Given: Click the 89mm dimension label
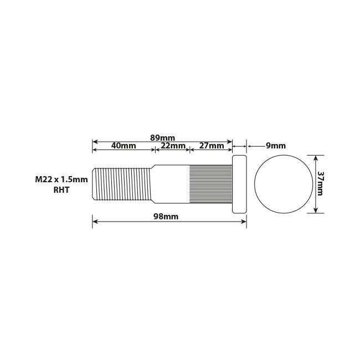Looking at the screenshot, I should pos(163,137).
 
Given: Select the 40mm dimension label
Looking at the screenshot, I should pos(124,146).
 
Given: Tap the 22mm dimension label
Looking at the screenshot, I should pos(173,146).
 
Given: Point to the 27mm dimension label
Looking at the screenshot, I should pos(211,146).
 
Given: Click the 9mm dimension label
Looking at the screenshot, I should pos(275,146).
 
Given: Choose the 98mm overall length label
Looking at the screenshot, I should pos(166,217).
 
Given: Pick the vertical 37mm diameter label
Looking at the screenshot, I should pos(322,184).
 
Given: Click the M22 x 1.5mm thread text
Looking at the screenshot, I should pos(61,179).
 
